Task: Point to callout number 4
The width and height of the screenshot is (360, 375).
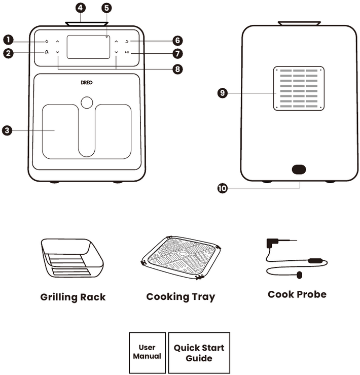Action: [81, 8]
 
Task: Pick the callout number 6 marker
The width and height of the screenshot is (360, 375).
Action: [177, 40]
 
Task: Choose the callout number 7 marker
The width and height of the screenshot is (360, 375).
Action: [177, 53]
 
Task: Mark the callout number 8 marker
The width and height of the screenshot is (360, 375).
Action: [177, 70]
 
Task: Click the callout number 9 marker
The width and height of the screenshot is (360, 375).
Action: [222, 93]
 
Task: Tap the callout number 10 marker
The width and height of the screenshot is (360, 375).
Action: [222, 188]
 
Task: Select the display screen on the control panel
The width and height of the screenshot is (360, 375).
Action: [88, 47]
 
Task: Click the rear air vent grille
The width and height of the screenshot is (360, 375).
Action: [299, 88]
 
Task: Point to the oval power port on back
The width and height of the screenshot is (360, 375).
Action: [299, 169]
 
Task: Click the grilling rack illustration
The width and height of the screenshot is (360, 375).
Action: [72, 259]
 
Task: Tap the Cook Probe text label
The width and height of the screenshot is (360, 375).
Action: [297, 294]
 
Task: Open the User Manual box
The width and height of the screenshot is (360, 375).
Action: [147, 353]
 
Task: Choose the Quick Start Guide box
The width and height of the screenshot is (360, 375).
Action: [199, 353]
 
